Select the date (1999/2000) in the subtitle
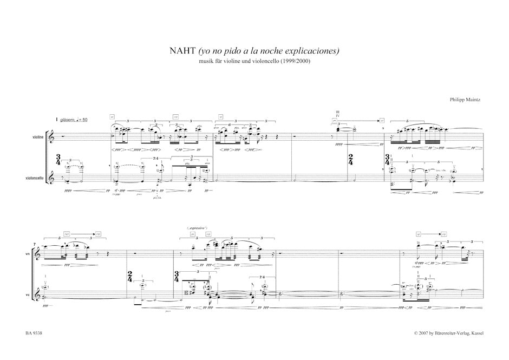(x=296, y=61)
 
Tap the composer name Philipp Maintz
(x=465, y=100)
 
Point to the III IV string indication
(x=337, y=114)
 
